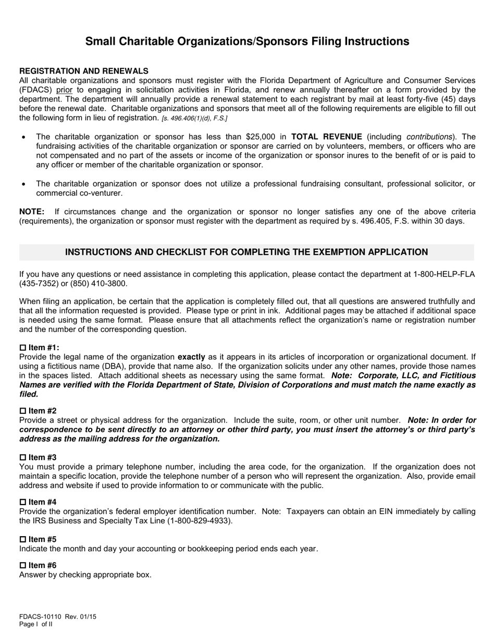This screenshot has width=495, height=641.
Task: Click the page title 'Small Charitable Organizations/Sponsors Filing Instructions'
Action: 247,42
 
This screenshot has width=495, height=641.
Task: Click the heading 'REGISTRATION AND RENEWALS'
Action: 84,71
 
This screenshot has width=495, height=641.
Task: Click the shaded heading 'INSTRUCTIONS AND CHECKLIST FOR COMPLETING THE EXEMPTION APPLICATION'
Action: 246,252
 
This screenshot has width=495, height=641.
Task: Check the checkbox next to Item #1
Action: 22,348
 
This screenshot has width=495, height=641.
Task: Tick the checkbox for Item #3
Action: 22,458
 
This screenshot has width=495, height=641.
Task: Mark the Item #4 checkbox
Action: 22,502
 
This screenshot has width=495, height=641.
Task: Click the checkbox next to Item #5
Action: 22,539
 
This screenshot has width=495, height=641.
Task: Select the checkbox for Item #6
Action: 22,565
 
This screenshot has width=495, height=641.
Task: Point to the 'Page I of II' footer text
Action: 36,624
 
